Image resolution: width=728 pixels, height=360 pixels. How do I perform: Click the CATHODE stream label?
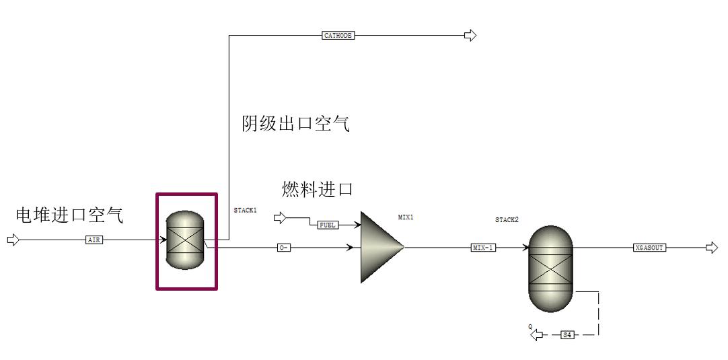[x=338, y=35]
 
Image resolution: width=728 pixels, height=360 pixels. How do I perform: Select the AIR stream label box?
[x=95, y=240]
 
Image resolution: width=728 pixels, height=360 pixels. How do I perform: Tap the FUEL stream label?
[x=328, y=225]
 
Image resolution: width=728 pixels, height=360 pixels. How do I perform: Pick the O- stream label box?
[x=284, y=248]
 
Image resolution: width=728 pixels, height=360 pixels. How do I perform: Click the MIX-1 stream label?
[x=483, y=248]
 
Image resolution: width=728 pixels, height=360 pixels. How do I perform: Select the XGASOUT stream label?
[x=649, y=248]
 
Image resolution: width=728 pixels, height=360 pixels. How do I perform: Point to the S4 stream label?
[x=567, y=334]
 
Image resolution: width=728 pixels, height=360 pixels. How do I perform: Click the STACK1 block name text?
[x=245, y=211]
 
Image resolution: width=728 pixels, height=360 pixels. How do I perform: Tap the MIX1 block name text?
[x=406, y=217]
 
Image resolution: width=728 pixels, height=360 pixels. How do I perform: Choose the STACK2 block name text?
[x=507, y=220]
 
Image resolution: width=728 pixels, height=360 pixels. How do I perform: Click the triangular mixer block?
[x=379, y=247]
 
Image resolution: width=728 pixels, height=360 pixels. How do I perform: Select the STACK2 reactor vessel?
[x=550, y=268]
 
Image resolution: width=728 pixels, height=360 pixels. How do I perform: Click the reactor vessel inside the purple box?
[x=185, y=240]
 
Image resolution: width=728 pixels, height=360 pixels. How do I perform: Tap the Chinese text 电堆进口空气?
[x=70, y=215]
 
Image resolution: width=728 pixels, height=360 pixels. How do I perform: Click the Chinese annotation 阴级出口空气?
[x=296, y=124]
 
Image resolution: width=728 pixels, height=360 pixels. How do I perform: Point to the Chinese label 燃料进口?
[x=318, y=189]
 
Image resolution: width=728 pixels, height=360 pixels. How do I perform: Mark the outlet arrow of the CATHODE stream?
[x=470, y=35]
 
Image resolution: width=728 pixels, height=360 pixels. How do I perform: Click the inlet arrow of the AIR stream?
[x=13, y=240]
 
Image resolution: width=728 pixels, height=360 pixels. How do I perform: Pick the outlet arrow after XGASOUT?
[x=712, y=248]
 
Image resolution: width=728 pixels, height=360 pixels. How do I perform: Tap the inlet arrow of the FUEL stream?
[x=279, y=218]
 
